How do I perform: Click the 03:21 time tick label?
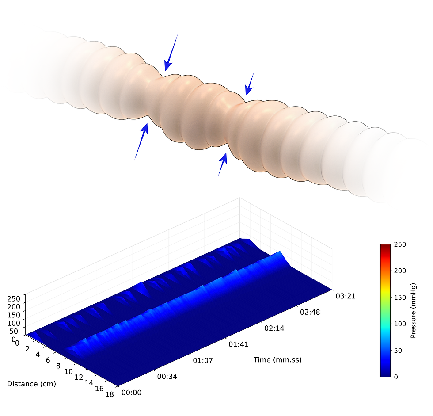click(x=346, y=296)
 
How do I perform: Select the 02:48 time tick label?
click(x=310, y=312)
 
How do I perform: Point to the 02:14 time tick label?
click(x=274, y=328)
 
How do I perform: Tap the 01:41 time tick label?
click(x=238, y=344)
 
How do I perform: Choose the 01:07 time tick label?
click(x=203, y=360)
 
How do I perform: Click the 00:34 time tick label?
click(x=167, y=377)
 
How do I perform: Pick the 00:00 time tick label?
click(x=132, y=393)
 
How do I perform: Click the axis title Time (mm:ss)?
click(x=277, y=360)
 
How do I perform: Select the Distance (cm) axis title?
click(x=31, y=384)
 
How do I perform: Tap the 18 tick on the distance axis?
click(x=110, y=394)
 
